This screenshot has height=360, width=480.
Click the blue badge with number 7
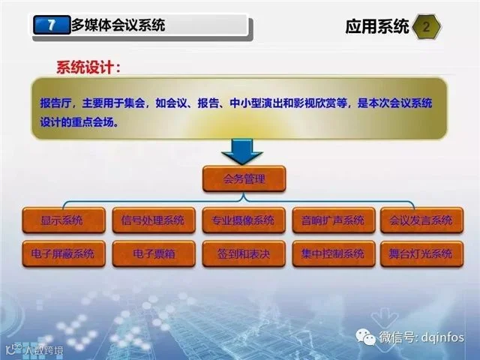pos(52,25)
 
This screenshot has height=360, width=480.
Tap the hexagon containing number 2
pos(427,27)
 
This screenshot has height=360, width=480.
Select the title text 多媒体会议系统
pos(118,25)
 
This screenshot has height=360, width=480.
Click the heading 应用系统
pos(377,27)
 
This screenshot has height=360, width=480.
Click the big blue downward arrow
pos(242,151)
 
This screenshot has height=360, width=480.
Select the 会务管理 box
pos(244,179)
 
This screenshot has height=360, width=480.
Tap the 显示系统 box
pos(64,220)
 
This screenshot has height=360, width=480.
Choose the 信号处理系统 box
pos(153,220)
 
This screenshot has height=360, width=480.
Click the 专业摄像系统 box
pos(244,220)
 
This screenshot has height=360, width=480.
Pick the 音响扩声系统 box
pos(333,220)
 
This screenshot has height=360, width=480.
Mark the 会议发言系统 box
pos(421,220)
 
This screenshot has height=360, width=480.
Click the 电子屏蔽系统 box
pos(64,253)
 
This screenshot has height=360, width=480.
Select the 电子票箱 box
pos(153,253)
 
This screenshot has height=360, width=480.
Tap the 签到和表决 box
pos(244,253)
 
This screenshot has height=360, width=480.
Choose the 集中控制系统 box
pos(333,253)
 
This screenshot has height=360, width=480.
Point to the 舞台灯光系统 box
pos(421,253)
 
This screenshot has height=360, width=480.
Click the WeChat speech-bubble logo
pos(365,337)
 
